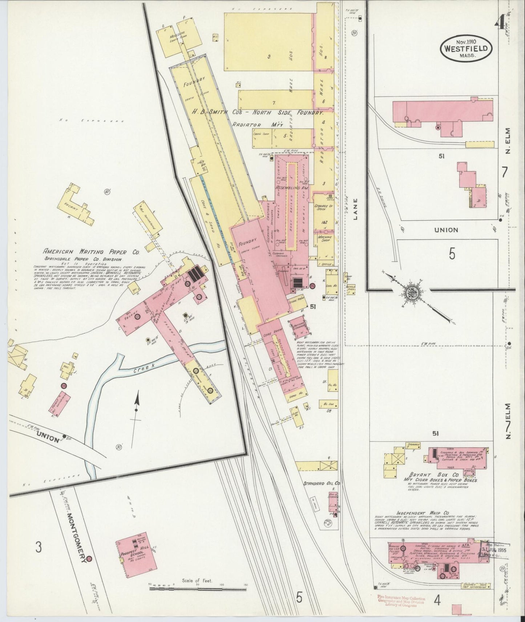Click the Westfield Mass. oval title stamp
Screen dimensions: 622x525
click(x=466, y=48)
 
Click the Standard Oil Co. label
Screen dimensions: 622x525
click(x=322, y=483)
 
